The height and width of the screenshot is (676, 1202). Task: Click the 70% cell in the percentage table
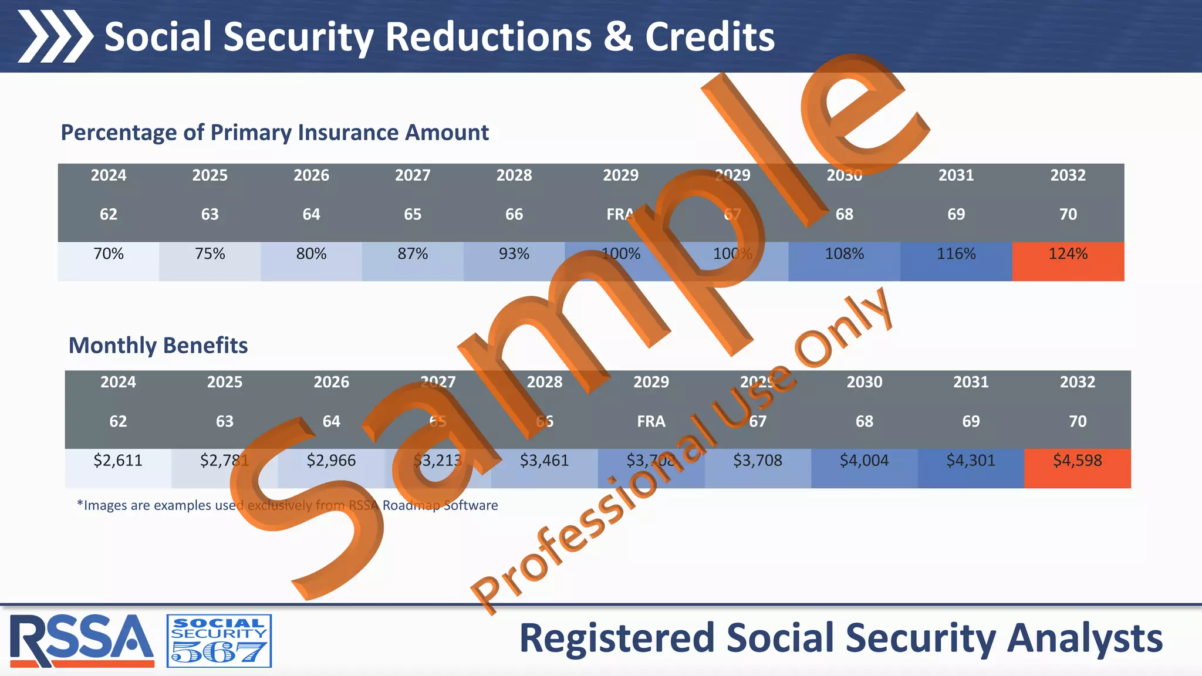[x=109, y=255]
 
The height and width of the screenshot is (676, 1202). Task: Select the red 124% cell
[x=1068, y=255]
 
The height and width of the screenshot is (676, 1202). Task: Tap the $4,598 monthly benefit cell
[x=1077, y=461]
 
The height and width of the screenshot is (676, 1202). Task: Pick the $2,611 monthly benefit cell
[x=118, y=461]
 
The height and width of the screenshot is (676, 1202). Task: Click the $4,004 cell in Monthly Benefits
[x=864, y=461]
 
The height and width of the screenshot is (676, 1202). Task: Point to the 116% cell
[x=955, y=255]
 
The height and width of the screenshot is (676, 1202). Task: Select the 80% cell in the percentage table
[x=311, y=255]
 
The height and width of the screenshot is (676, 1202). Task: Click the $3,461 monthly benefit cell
[x=544, y=461]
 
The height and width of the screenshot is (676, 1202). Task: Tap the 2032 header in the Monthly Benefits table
[x=1077, y=383]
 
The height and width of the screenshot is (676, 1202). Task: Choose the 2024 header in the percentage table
[x=109, y=175]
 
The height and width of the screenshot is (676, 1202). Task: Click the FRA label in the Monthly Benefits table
[x=651, y=422]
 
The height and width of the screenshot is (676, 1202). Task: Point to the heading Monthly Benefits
[x=158, y=346]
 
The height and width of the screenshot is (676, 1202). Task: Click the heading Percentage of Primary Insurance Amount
[x=275, y=133]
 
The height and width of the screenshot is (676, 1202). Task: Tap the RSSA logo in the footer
[x=82, y=640]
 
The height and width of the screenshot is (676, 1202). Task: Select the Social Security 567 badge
[x=219, y=641]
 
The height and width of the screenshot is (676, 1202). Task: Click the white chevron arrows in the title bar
[x=55, y=36]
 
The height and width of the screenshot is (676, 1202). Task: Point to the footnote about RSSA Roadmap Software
[x=288, y=506]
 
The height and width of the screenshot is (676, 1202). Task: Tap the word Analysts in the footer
[x=1085, y=638]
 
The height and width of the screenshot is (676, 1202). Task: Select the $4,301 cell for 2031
[x=971, y=461]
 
